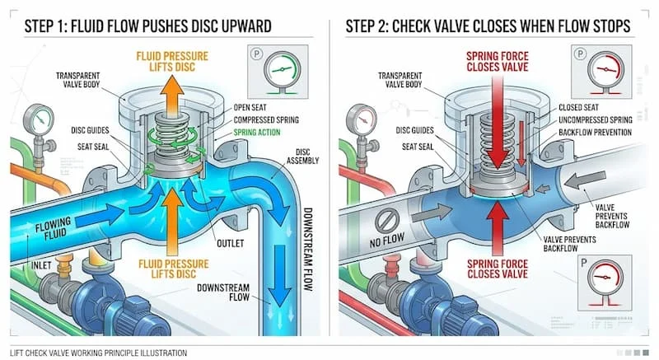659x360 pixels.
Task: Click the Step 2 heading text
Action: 485,26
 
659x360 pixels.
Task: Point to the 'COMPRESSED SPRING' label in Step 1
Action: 265,119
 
